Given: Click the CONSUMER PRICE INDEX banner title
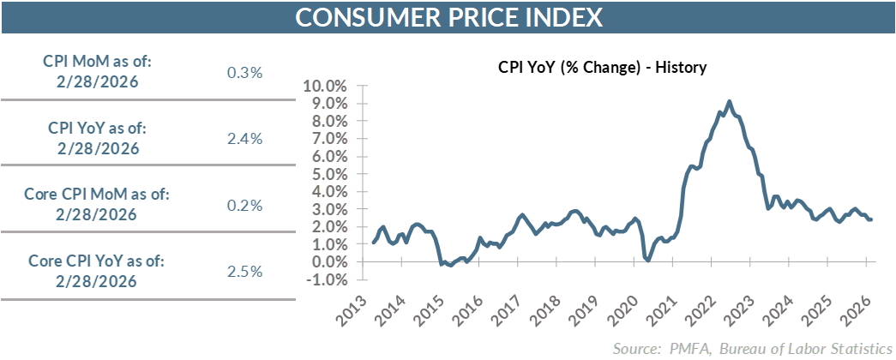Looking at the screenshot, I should (448, 17).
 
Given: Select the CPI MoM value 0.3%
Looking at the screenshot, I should (244, 72).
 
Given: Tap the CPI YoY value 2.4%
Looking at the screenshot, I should (244, 139).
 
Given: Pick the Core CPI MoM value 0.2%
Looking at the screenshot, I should (244, 206).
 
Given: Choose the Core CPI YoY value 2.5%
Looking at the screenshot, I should (244, 272).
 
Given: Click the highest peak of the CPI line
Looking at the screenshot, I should (729, 101).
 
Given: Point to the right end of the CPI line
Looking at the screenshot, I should (872, 219).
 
